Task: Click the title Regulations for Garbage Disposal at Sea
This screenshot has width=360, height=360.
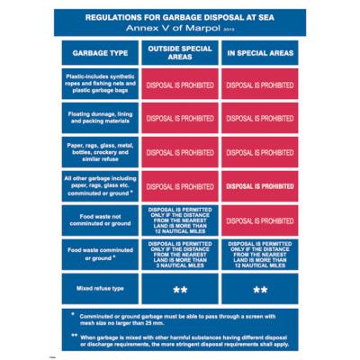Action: pos(179,17)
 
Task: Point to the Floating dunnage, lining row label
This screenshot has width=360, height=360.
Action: pos(100,118)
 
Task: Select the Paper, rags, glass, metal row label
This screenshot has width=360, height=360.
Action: pos(100,152)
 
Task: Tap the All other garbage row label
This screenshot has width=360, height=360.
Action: pos(100,185)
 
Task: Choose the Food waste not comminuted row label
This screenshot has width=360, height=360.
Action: pos(100,220)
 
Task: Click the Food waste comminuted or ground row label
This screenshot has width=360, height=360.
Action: pos(100,253)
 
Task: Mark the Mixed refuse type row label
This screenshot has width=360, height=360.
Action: pos(100,289)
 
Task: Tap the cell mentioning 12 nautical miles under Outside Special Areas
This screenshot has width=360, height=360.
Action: pos(179,220)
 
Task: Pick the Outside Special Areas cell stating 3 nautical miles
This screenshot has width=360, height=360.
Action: pos(179,253)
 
